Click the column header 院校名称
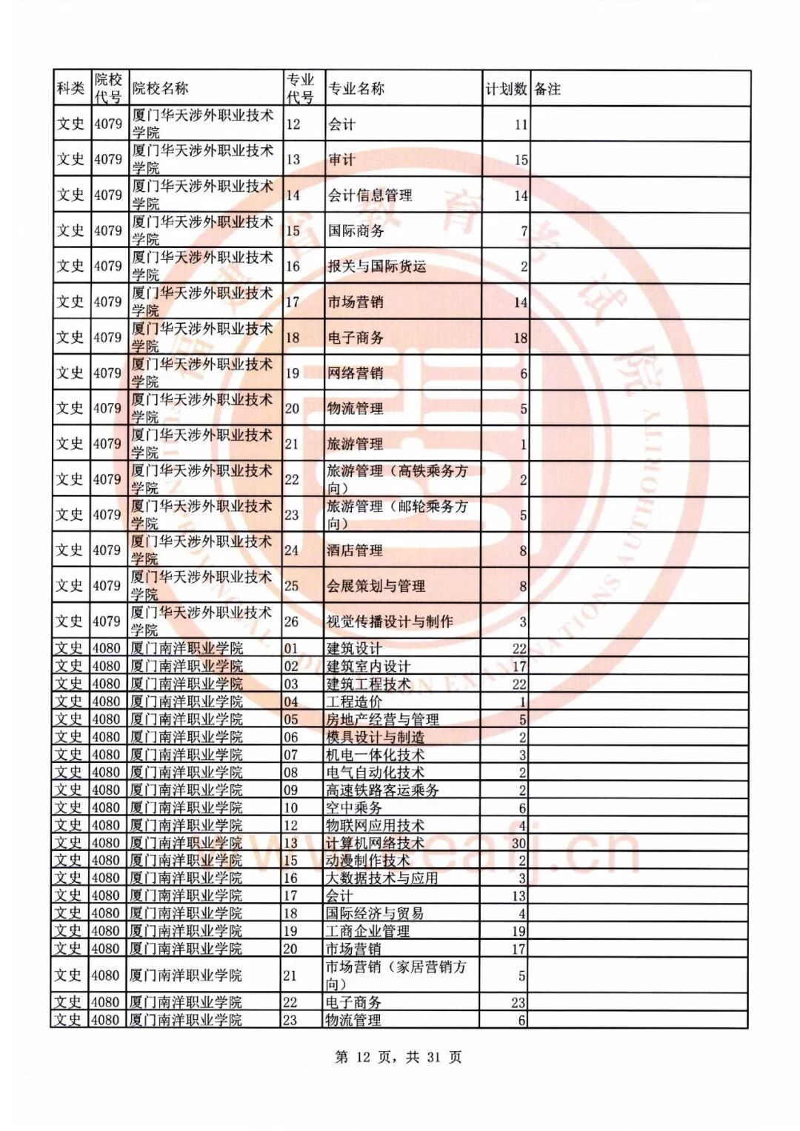(161, 89)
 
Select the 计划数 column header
(506, 89)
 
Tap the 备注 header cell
(547, 89)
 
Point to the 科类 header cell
(71, 89)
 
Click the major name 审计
(341, 160)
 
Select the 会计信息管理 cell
(370, 196)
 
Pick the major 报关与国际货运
(377, 267)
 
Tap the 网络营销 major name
(356, 373)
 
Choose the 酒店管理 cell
(356, 550)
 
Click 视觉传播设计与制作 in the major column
(390, 621)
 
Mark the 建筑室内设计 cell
(368, 666)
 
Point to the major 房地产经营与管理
(382, 719)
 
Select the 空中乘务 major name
(354, 807)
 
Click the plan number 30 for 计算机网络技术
(519, 843)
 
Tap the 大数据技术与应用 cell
(382, 878)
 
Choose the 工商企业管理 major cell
(368, 931)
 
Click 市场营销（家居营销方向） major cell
(396, 975)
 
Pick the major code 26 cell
(292, 621)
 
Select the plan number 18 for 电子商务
(521, 338)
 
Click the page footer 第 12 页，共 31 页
(399, 1057)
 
